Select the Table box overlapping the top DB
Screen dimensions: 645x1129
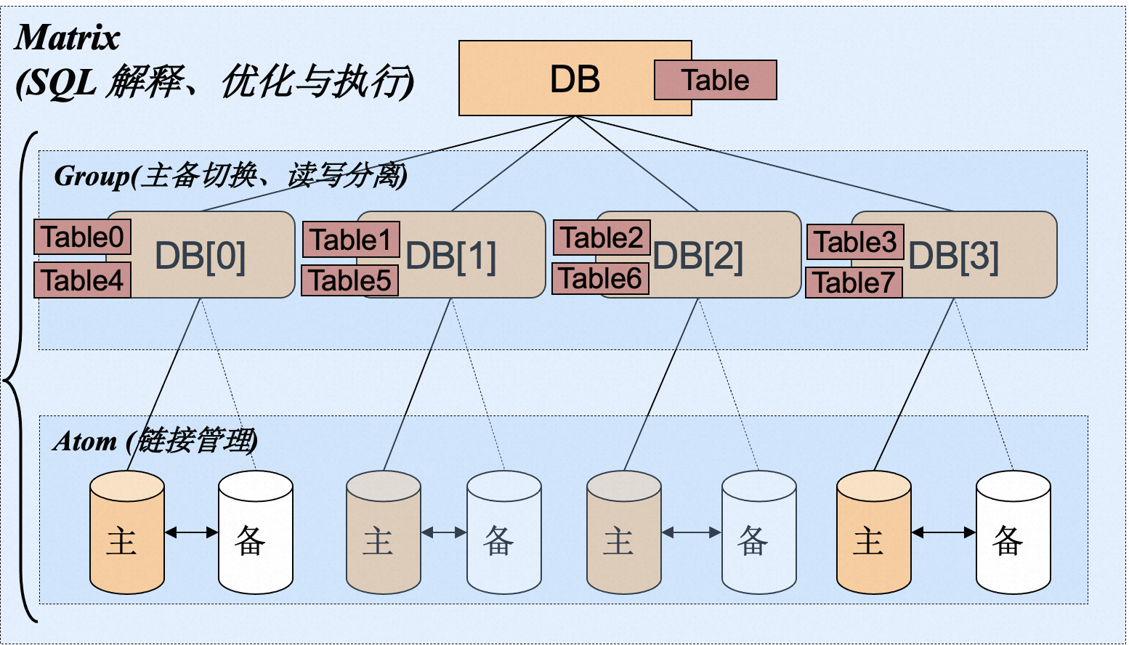pos(716,80)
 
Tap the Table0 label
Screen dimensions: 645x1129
pos(82,237)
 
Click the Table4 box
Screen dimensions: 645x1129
pos(82,280)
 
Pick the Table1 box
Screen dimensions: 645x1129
pos(351,240)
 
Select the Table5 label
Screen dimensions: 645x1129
pos(350,280)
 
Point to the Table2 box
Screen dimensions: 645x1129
pos(602,238)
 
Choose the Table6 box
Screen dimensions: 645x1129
pos(600,278)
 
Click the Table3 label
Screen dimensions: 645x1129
pos(855,242)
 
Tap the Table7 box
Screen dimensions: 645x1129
pos(854,283)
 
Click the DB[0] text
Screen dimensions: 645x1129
pos(201,256)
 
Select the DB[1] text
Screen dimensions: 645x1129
pos(451,256)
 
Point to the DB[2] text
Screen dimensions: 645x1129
pos(697,256)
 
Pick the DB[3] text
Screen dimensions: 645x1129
pos(953,256)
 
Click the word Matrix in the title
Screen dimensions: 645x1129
pos(67,38)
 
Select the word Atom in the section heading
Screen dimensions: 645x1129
pos(85,441)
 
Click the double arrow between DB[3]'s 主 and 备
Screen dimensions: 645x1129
pos(944,532)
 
